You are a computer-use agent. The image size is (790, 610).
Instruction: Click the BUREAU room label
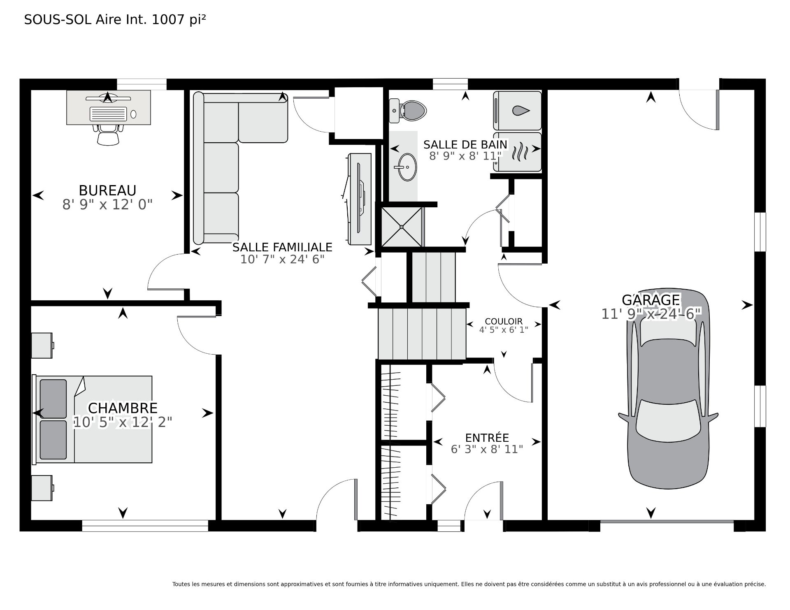click(107, 190)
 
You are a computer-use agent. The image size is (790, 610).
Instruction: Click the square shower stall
click(402, 227)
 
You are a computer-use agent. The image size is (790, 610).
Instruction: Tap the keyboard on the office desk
click(108, 114)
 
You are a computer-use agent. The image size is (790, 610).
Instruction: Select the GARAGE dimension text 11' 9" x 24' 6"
click(651, 314)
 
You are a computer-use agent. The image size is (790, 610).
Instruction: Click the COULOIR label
click(504, 321)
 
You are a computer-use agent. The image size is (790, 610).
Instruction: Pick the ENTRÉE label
click(487, 438)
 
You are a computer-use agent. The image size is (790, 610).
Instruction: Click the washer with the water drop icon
click(517, 110)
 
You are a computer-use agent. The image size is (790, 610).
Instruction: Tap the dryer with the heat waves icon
click(517, 151)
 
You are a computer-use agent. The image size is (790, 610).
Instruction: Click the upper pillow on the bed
click(53, 398)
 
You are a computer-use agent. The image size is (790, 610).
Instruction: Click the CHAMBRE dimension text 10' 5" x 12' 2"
click(123, 422)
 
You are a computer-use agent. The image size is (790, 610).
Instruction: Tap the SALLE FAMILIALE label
click(282, 247)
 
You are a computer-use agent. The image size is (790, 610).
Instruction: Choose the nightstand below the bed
click(42, 488)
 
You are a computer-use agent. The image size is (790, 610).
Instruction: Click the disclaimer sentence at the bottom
click(469, 572)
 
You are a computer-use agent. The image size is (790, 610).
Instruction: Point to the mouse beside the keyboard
click(134, 114)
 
